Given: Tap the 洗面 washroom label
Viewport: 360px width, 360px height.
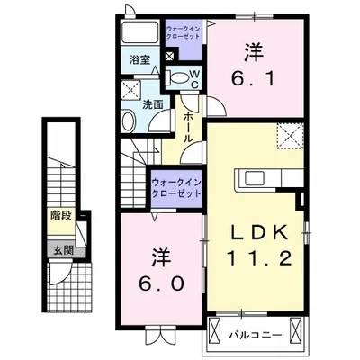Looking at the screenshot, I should pyautogui.click(x=154, y=103).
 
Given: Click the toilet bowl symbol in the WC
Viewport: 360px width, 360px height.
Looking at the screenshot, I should pyautogui.click(x=182, y=79).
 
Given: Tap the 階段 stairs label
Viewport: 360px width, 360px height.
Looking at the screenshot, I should pyautogui.click(x=61, y=216).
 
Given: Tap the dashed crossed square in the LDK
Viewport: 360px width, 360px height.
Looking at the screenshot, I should pyautogui.click(x=289, y=136).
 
